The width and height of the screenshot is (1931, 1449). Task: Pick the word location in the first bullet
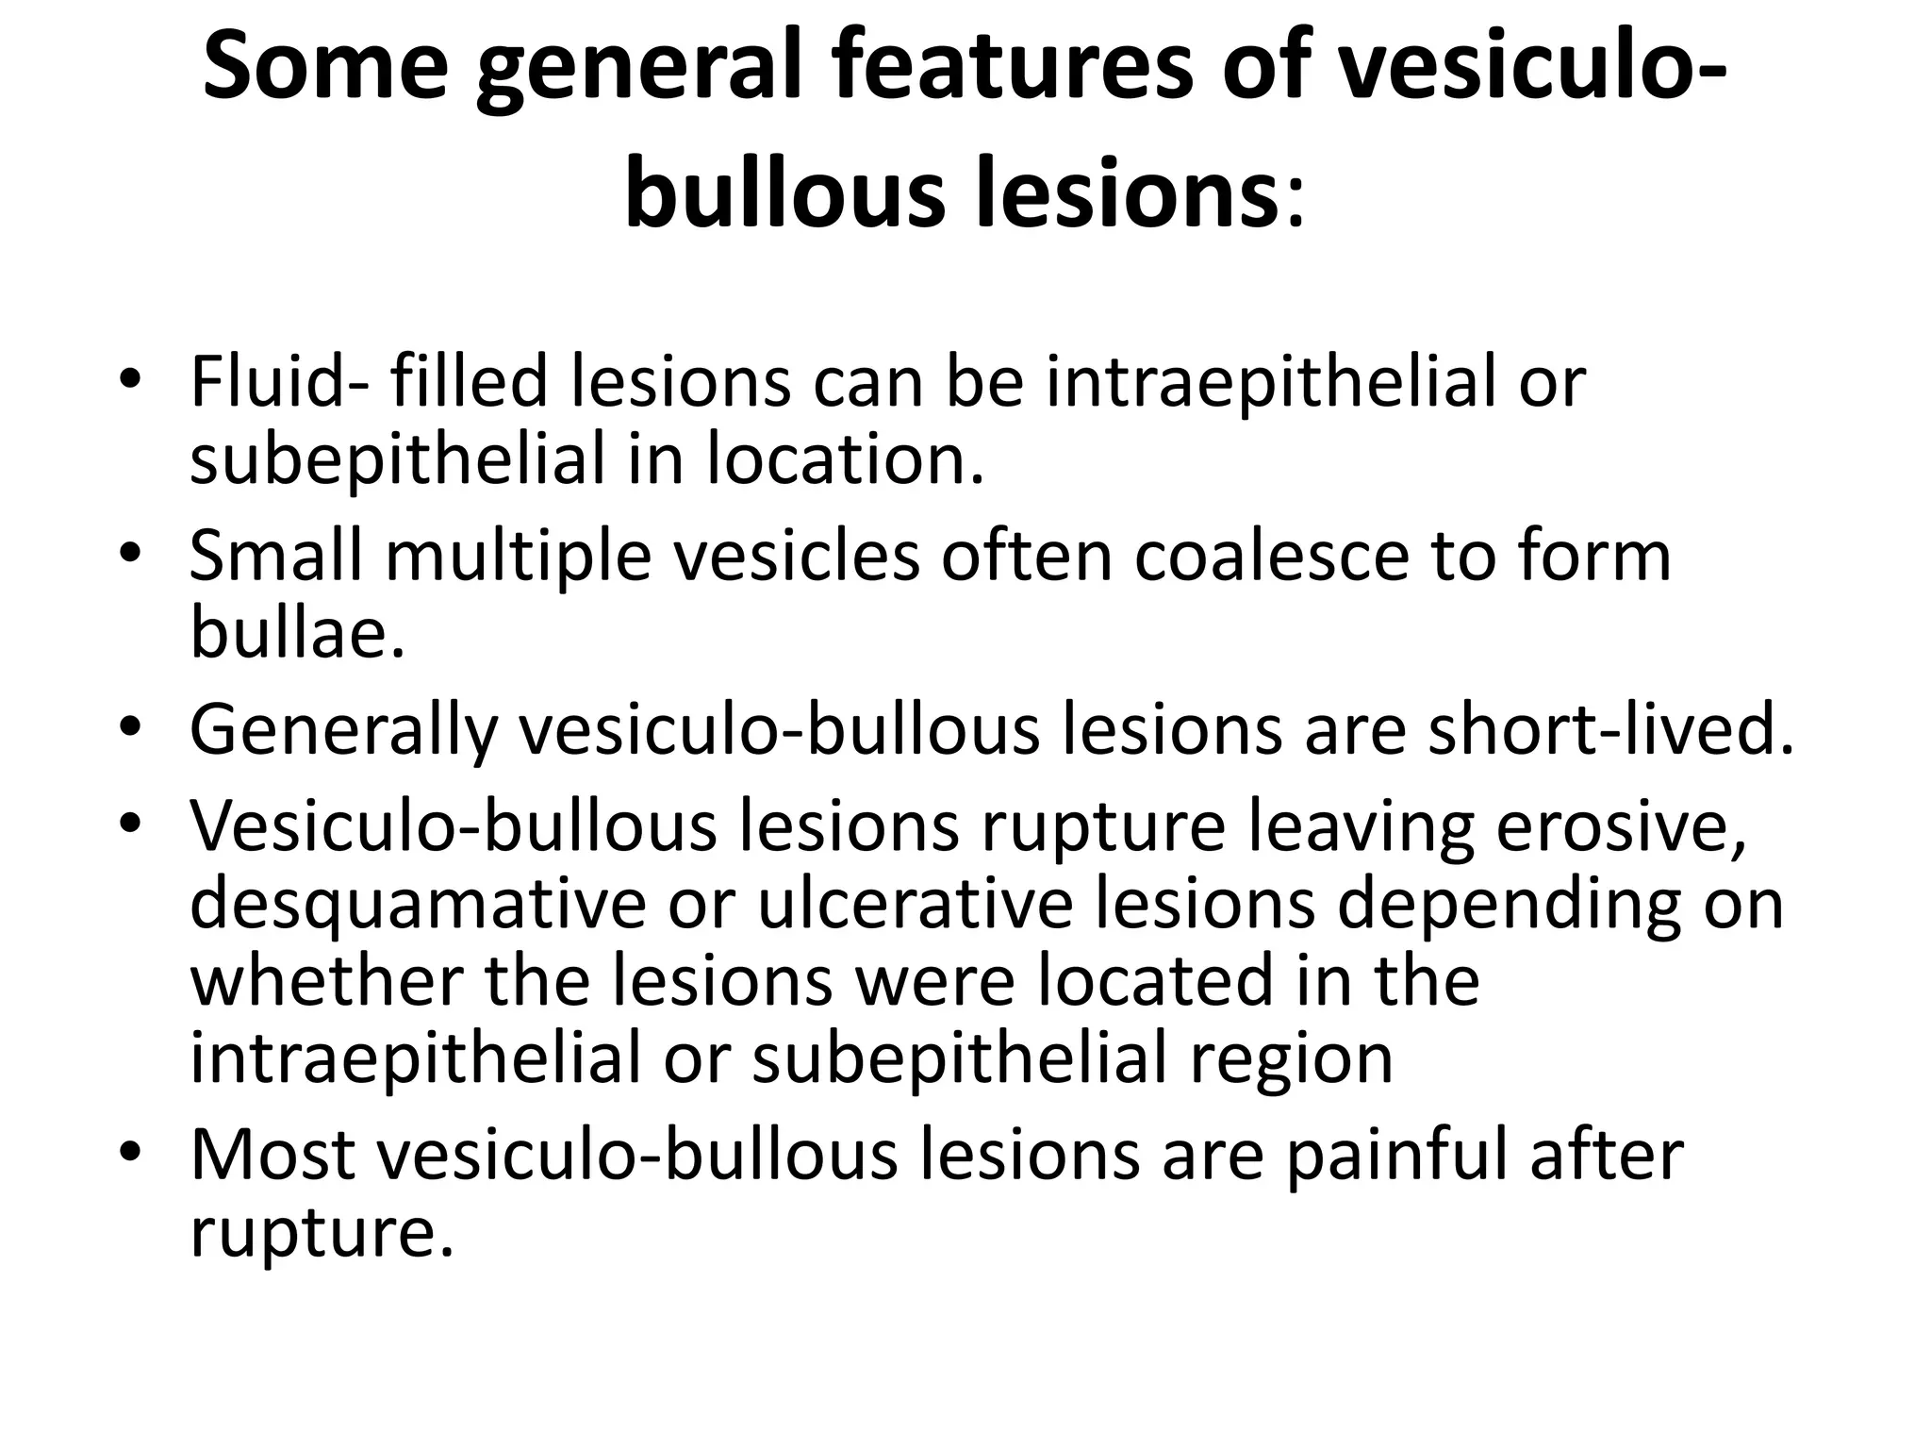(845, 459)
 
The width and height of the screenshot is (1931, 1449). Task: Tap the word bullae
(298, 632)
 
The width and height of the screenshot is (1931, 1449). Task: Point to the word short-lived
(1611, 728)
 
